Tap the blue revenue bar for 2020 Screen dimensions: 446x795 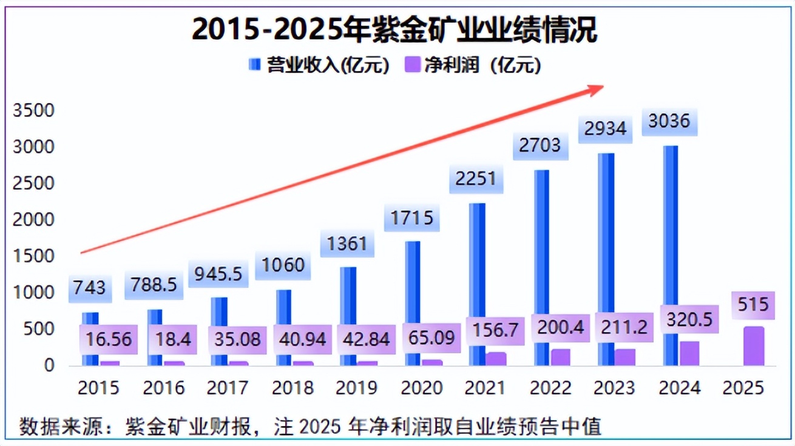[413, 303]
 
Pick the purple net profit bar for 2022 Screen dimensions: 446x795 [561, 357]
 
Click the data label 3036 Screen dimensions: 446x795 [668, 121]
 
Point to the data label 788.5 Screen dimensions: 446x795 [155, 285]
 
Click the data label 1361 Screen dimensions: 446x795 [347, 244]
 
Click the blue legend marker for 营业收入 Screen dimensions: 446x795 [255, 65]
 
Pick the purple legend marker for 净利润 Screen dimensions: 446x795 [412, 65]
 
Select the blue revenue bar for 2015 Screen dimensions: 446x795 [90, 339]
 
